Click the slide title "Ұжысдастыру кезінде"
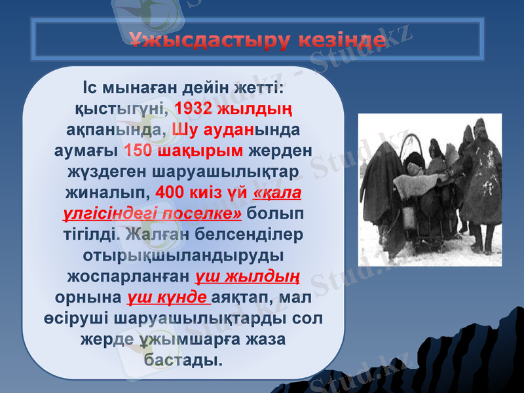257,41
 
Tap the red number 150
139,151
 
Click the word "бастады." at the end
183,361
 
